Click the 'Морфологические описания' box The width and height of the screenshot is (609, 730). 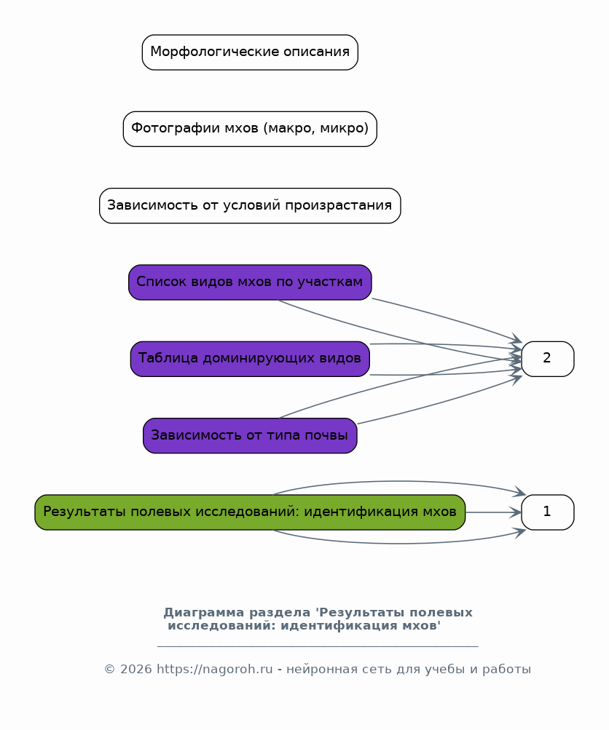(x=250, y=52)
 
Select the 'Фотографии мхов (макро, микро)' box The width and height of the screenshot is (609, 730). (x=250, y=129)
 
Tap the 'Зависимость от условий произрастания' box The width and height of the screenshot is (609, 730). (x=250, y=206)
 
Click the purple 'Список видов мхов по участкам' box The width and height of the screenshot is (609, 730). (x=250, y=282)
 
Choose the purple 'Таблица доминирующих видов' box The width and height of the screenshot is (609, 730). (x=250, y=359)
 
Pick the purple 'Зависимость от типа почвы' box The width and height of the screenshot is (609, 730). (x=250, y=436)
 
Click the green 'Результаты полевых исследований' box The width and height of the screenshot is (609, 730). (x=250, y=512)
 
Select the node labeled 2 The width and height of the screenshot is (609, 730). (x=548, y=359)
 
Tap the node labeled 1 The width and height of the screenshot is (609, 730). (x=548, y=512)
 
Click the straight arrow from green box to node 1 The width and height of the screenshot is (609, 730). (x=493, y=512)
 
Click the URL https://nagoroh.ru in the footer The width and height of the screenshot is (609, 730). (x=214, y=669)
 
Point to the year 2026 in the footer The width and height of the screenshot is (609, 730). (x=135, y=669)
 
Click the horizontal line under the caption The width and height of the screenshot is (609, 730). (x=318, y=646)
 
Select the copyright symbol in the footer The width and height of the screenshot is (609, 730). (x=109, y=670)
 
